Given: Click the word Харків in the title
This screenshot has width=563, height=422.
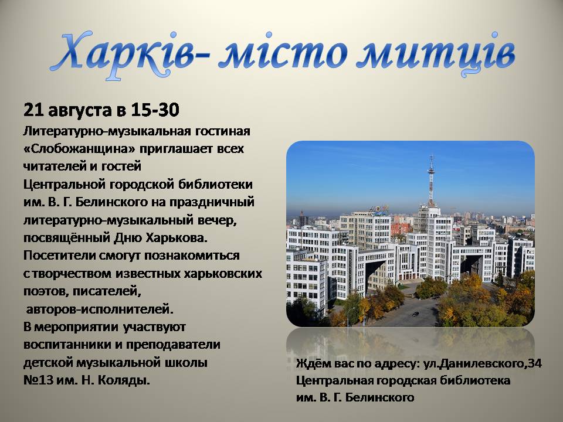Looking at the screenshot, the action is click(x=122, y=54).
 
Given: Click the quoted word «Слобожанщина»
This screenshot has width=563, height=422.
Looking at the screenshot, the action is click(x=79, y=149).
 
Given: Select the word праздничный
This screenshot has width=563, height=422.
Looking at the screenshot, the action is click(x=212, y=202).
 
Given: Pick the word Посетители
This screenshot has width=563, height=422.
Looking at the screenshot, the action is click(x=59, y=256).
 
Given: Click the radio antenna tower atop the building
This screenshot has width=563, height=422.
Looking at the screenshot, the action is click(x=431, y=181).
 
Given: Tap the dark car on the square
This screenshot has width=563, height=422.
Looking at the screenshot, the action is click(x=415, y=314).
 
